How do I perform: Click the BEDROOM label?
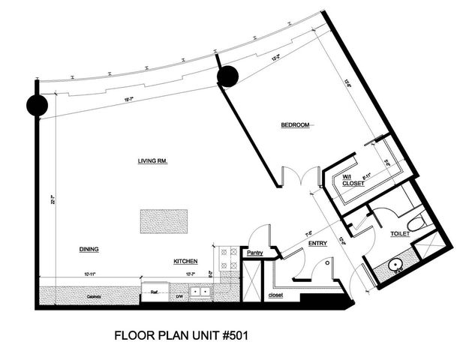pos(295,124)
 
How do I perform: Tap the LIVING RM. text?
pos(152,160)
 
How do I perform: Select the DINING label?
pos(89,249)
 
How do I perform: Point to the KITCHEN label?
pos(185,261)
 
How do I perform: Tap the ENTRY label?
pos(317,243)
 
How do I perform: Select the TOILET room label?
pos(401,234)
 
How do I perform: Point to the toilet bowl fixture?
pos(417,220)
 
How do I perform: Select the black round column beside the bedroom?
pos(227,75)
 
